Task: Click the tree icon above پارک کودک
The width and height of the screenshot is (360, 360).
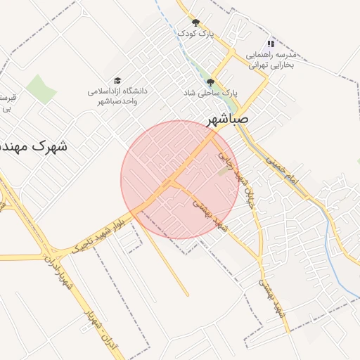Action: [x=195, y=23]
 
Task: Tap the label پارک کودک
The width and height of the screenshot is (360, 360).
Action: [x=195, y=34]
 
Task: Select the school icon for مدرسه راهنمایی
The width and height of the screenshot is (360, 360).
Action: [x=271, y=44]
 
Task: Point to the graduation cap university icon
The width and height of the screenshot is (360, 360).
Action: [x=117, y=81]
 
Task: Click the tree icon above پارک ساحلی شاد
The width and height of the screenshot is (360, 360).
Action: [x=210, y=82]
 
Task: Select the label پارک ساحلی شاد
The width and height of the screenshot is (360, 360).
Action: [x=211, y=93]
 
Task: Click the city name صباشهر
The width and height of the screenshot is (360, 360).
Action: [x=228, y=120]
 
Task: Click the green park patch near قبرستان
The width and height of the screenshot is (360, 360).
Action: [x=41, y=89]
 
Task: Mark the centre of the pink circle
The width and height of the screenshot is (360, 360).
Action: [x=180, y=180]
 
